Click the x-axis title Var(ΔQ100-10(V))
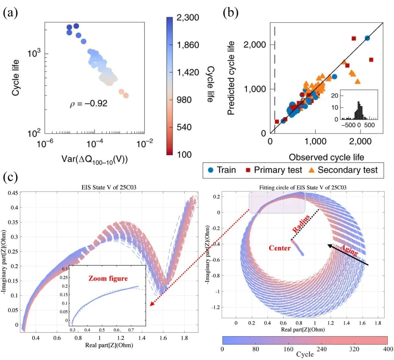pyautogui.click(x=92, y=160)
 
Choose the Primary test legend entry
pyautogui.click(x=274, y=170)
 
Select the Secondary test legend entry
pyautogui.click(x=343, y=170)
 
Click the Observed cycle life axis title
pyautogui.click(x=327, y=157)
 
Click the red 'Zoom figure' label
pyautogui.click(x=108, y=279)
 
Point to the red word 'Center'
pyautogui.click(x=279, y=248)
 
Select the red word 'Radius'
pyautogui.click(x=302, y=224)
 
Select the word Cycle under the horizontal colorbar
pyautogui.click(x=305, y=354)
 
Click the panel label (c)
pyautogui.click(x=11, y=178)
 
